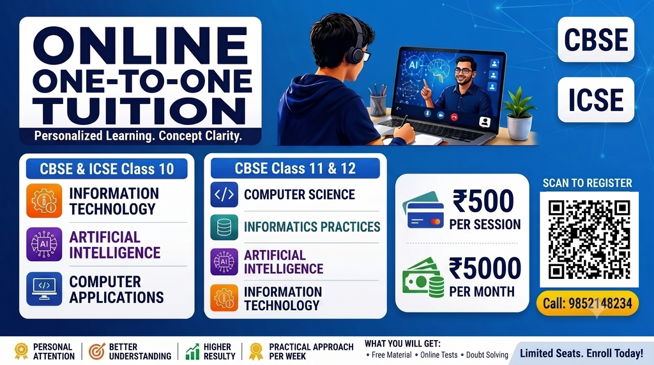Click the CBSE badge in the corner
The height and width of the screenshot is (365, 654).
tap(596, 40)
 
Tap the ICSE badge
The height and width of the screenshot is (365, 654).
tap(596, 100)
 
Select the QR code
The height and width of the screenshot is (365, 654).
tap(589, 239)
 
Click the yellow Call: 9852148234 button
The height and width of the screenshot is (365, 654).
tap(588, 303)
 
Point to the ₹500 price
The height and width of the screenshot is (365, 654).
tap(483, 201)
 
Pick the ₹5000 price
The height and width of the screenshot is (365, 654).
tap(485, 268)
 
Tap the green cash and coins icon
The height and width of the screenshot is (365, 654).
tap(423, 278)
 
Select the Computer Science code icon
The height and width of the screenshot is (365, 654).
tap(224, 195)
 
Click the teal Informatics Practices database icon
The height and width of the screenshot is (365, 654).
tap(224, 227)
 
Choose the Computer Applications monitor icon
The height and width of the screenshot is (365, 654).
tap(44, 289)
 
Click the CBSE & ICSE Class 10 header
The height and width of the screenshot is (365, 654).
tap(107, 168)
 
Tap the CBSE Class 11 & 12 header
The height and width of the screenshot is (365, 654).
tap(295, 168)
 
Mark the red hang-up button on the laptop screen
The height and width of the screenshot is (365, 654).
tap(454, 117)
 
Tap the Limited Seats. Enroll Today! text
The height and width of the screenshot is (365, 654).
tap(581, 354)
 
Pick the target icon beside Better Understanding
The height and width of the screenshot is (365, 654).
tap(97, 351)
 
